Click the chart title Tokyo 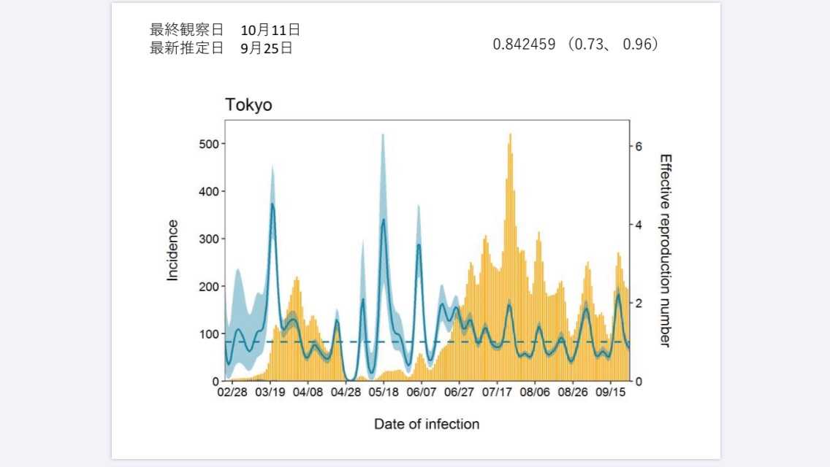[x=248, y=105]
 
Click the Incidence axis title [x=172, y=250]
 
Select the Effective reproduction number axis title [x=665, y=250]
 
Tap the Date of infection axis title [x=427, y=424]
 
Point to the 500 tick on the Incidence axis [x=209, y=144]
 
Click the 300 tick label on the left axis [x=209, y=239]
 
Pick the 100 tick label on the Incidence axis [x=209, y=333]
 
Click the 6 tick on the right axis [x=639, y=146]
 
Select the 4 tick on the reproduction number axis [x=639, y=225]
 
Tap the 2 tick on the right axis [x=639, y=303]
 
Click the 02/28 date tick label [x=232, y=393]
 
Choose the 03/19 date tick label [x=270, y=393]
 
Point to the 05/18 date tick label [x=384, y=393]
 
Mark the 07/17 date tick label [x=497, y=393]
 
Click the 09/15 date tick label [x=610, y=393]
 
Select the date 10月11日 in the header [x=270, y=30]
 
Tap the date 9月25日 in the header [x=266, y=48]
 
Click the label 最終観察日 [x=186, y=30]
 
